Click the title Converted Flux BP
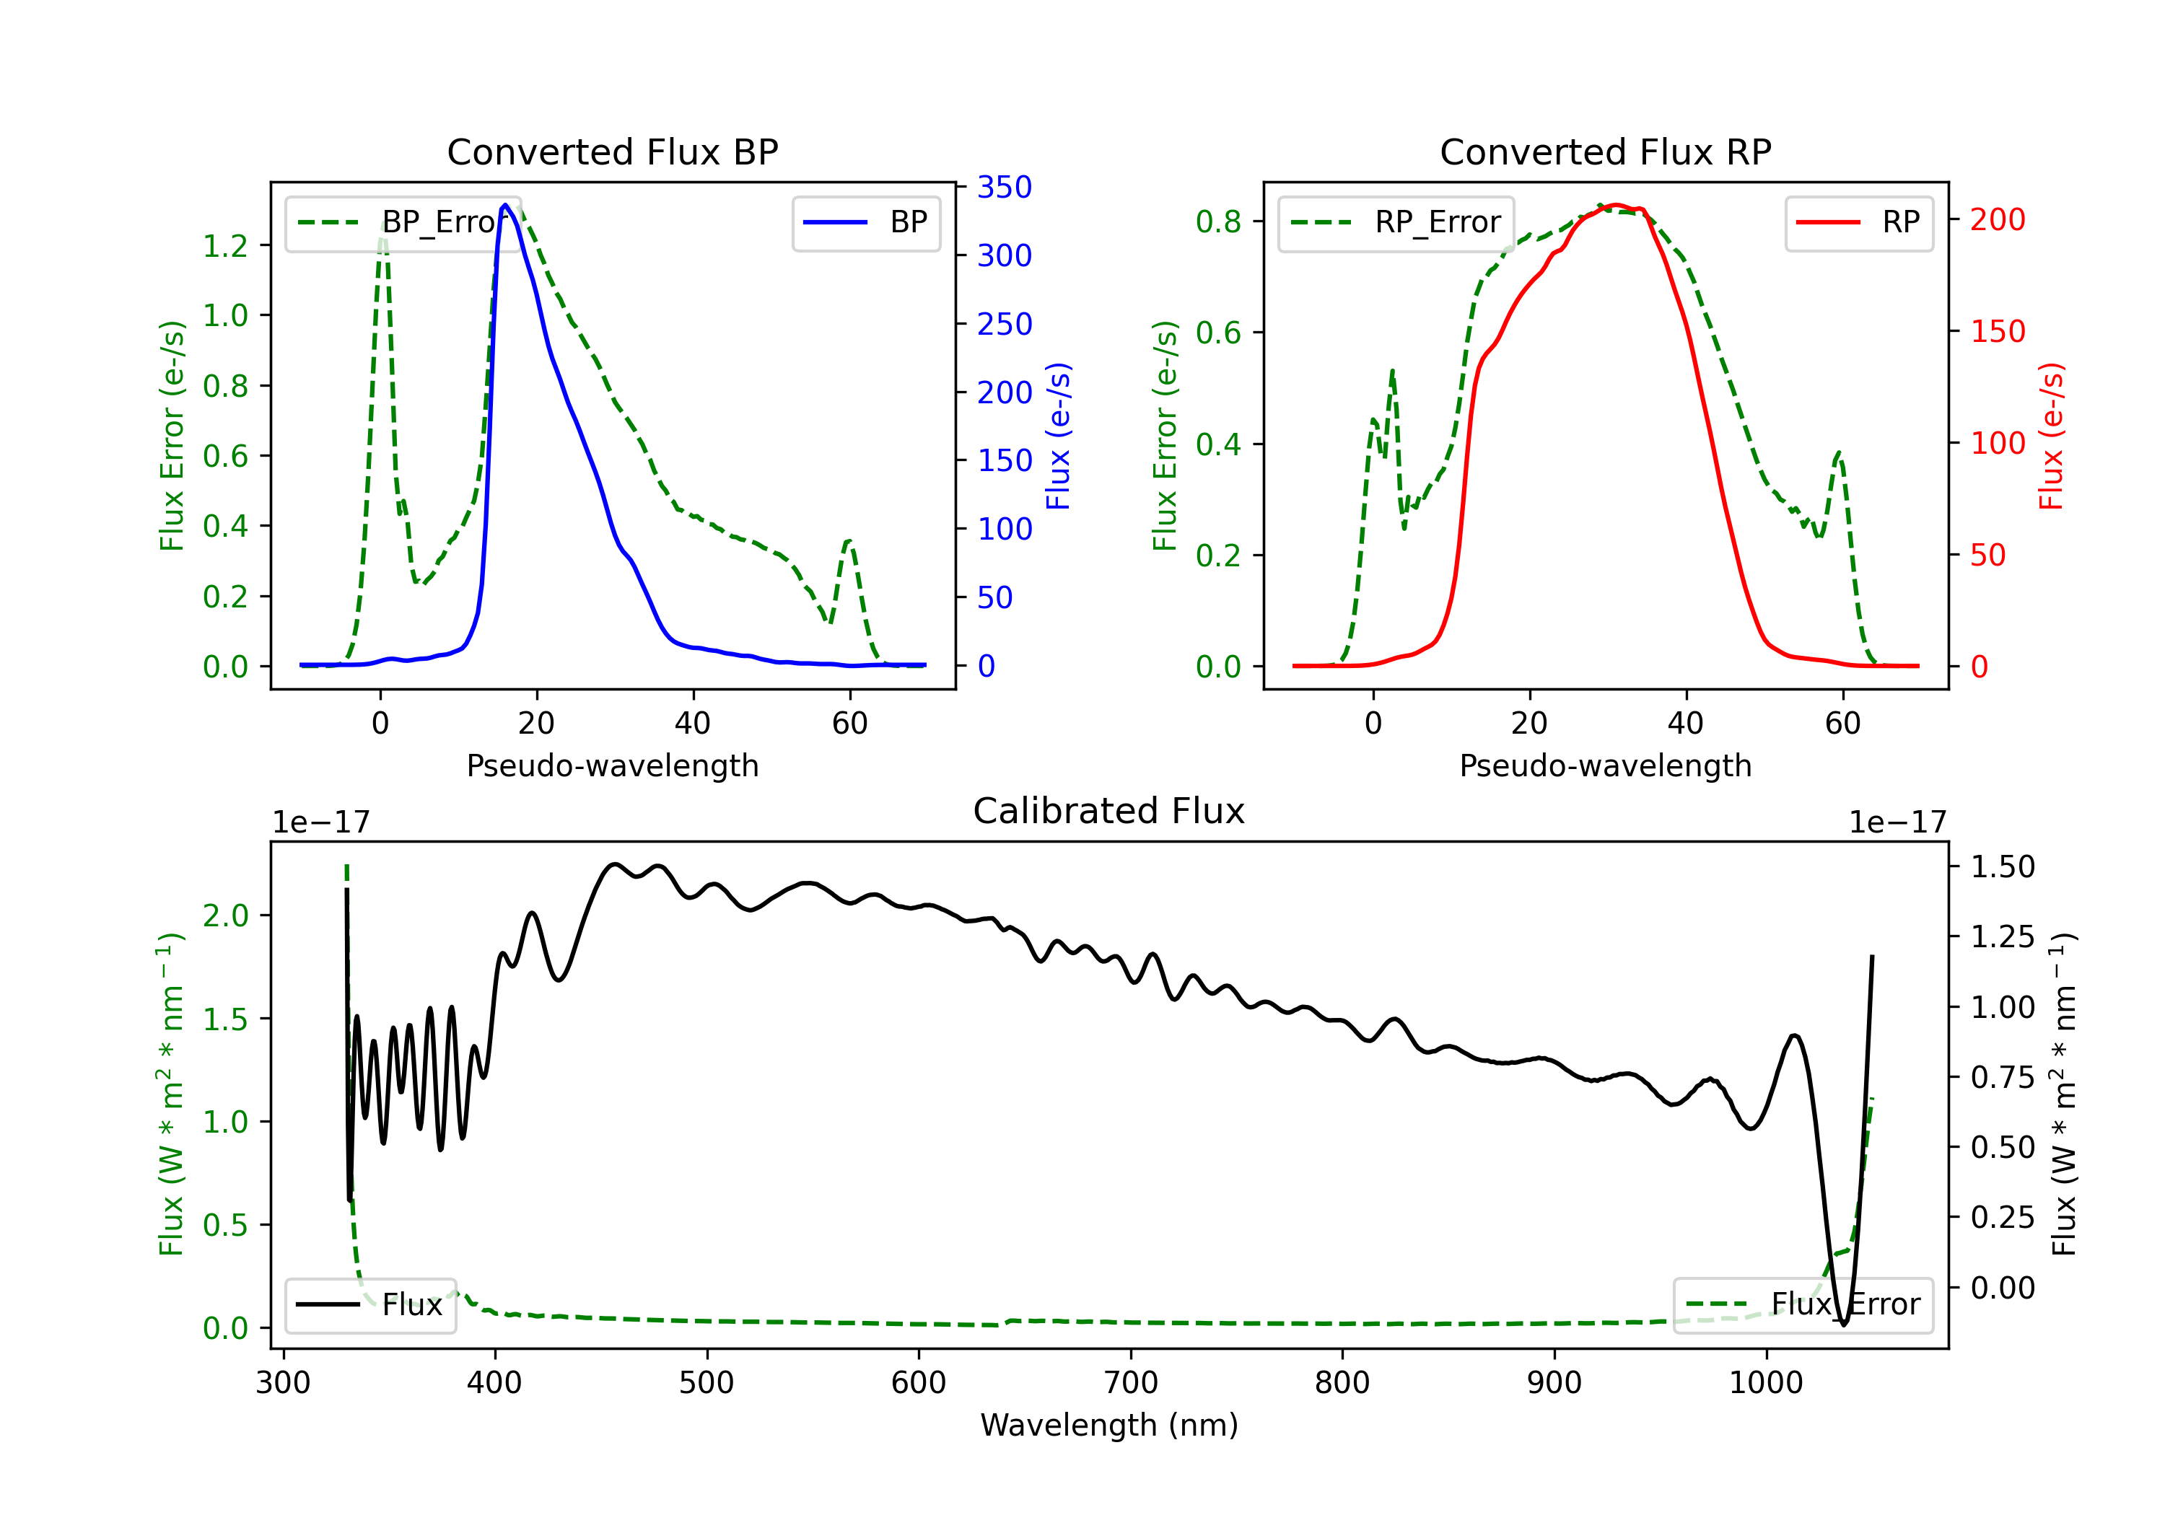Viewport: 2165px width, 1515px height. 612,151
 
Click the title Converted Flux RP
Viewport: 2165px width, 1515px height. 1605,151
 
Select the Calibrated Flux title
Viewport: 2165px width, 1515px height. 1109,811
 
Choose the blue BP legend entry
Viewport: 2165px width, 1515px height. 865,222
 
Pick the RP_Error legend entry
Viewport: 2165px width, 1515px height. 1396,222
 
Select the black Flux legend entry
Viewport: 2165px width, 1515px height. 369,1305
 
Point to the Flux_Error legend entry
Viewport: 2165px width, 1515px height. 1803,1305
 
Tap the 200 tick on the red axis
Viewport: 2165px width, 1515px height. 1997,219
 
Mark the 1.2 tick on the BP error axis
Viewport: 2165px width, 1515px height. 225,246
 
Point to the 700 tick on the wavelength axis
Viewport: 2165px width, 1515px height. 1131,1383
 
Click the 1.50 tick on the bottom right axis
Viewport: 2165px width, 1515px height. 2003,866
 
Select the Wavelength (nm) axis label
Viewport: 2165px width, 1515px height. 1109,1425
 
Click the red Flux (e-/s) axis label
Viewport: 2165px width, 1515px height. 2052,436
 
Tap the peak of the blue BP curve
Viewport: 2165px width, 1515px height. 505,205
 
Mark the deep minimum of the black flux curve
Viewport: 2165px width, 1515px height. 1843,1324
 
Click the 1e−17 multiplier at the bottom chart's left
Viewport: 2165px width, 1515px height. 320,822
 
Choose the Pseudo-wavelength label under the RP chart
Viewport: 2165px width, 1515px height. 1605,765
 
